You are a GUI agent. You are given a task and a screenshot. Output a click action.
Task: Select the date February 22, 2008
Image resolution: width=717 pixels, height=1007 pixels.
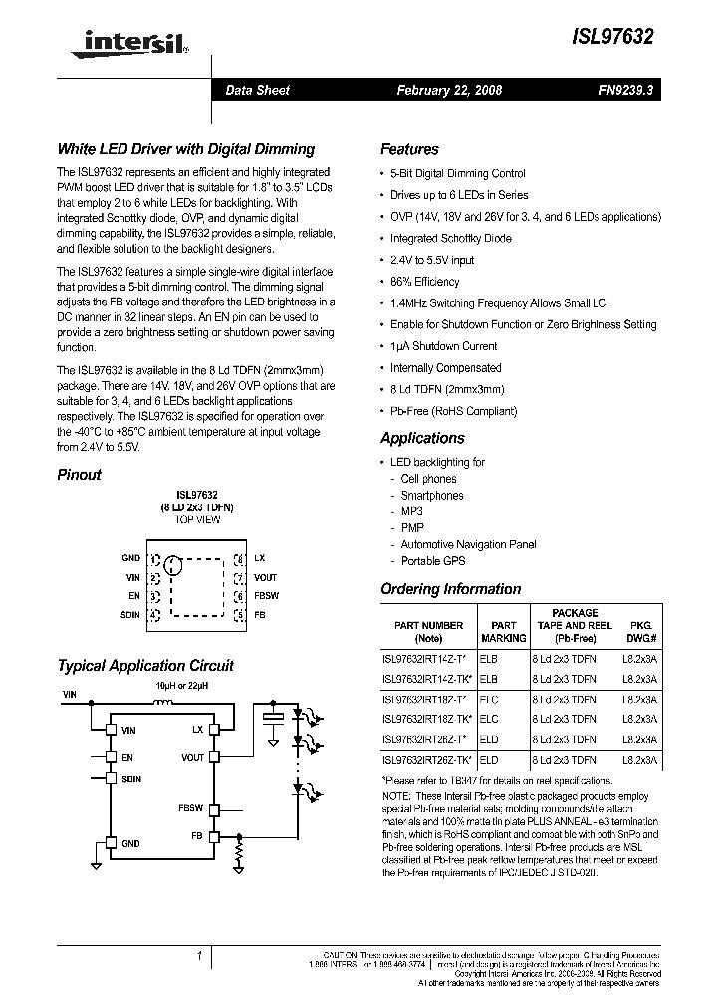pyautogui.click(x=449, y=90)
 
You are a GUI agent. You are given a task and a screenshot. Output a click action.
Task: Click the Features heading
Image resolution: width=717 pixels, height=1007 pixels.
pyautogui.click(x=409, y=149)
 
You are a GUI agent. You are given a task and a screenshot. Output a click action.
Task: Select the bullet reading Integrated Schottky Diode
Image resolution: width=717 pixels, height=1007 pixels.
pyautogui.click(x=450, y=239)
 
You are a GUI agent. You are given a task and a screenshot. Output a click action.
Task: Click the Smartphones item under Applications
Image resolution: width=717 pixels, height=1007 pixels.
pyautogui.click(x=431, y=495)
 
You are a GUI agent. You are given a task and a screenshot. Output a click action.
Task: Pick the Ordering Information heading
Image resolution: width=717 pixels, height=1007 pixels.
pyautogui.click(x=450, y=589)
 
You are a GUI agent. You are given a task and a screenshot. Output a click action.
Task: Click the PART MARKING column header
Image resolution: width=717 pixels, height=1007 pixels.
pyautogui.click(x=504, y=632)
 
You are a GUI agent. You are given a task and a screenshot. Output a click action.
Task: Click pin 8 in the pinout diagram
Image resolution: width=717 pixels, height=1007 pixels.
pyautogui.click(x=239, y=559)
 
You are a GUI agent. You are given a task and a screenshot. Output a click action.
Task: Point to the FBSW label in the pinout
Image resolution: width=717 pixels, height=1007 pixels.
pyautogui.click(x=266, y=597)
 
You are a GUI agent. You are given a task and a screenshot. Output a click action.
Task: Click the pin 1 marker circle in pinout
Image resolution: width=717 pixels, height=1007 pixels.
pyautogui.click(x=174, y=567)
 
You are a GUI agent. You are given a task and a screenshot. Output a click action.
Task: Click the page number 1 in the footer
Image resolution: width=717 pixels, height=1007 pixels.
pyautogui.click(x=200, y=956)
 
